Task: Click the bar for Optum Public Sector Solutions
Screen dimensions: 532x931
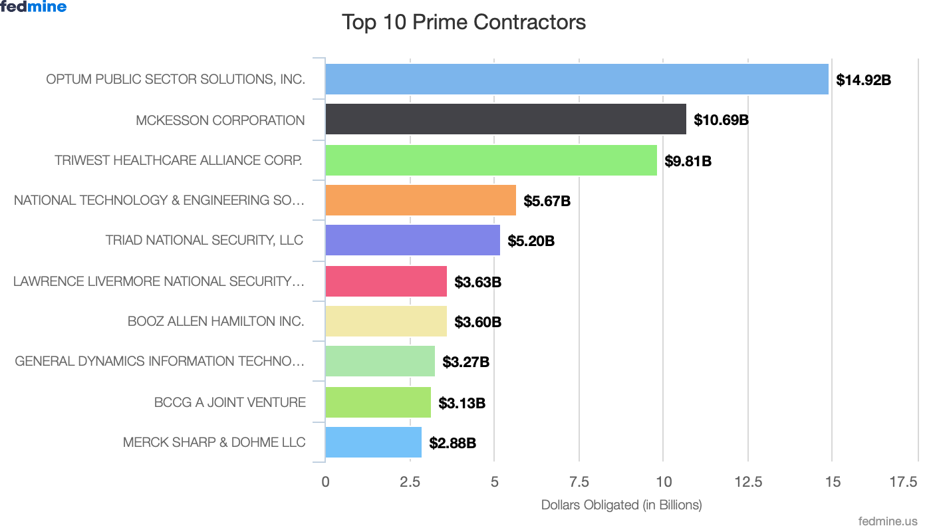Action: pos(577,79)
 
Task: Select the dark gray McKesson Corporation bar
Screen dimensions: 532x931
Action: pos(505,120)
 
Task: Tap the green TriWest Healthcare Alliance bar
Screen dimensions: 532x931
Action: pos(491,160)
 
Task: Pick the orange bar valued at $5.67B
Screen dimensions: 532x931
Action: pos(420,201)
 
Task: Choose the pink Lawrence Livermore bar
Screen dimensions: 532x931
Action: pos(386,281)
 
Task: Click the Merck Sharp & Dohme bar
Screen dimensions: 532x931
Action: pos(373,443)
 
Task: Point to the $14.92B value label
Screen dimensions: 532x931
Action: pos(863,80)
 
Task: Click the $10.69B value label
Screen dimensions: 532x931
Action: pos(721,120)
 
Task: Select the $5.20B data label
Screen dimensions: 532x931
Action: pos(531,241)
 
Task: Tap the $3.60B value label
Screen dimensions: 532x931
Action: pos(477,323)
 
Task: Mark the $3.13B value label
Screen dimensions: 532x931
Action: pos(462,403)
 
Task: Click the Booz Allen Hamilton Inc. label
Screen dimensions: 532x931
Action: pos(216,321)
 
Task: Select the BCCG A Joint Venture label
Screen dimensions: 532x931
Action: pos(230,402)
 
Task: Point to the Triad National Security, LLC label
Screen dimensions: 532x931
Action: pos(204,240)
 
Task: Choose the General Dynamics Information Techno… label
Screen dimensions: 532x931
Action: pos(160,362)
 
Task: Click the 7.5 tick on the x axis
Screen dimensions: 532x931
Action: pos(579,482)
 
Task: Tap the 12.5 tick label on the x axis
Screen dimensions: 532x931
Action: pos(748,482)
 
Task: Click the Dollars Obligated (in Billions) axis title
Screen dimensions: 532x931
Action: pos(621,505)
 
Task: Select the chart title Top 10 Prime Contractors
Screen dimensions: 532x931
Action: pos(464,22)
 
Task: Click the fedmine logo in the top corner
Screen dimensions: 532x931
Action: pos(34,7)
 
